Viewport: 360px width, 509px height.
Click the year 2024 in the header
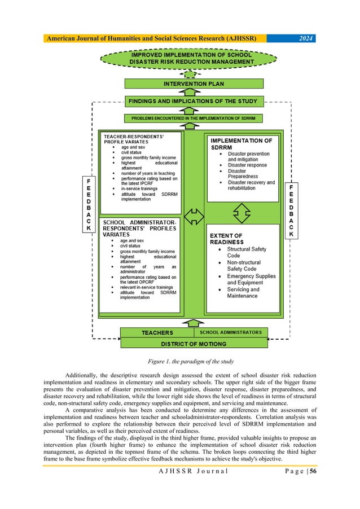pos(303,38)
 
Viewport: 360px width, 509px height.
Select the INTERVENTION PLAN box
pos(194,84)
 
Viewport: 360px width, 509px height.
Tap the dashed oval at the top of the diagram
pos(190,58)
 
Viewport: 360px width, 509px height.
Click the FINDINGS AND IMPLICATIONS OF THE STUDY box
pos(194,102)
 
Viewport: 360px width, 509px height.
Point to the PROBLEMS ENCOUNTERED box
pos(194,119)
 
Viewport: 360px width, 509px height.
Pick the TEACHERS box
pos(157,332)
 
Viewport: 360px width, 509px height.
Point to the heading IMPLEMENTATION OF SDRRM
pos(241,143)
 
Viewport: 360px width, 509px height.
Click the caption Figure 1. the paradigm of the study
pos(180,361)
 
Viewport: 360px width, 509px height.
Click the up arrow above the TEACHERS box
pos(193,322)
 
